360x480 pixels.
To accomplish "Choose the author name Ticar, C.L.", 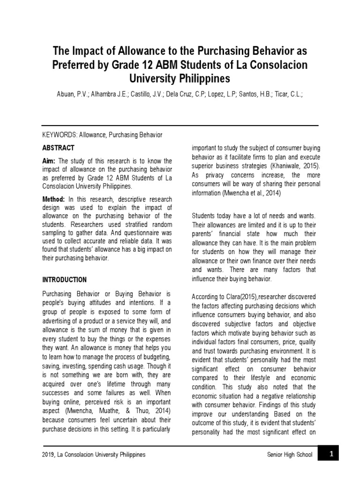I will [285, 94].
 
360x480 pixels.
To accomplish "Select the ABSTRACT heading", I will [58, 148].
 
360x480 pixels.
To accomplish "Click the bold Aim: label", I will [49, 161].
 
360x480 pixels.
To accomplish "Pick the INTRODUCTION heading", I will [64, 280].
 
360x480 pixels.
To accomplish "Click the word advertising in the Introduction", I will [58, 321].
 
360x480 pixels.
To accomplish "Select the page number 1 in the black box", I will [330, 454].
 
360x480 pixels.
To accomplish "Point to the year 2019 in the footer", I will [49, 455].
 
